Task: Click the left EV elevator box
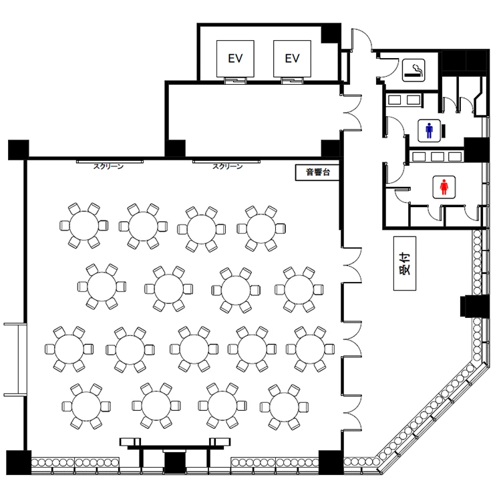(235, 59)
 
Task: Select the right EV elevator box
(292, 59)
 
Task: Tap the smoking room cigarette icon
(413, 70)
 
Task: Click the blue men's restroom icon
(429, 131)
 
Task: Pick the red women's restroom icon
(444, 187)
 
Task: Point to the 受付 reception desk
(405, 263)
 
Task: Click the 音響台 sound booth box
(317, 172)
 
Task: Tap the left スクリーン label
(108, 166)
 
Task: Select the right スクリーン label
(228, 166)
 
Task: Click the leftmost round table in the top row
(84, 226)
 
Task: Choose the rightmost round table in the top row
(261, 228)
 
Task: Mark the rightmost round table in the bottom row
(284, 407)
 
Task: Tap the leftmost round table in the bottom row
(86, 406)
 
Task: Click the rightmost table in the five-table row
(310, 349)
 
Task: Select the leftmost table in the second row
(102, 287)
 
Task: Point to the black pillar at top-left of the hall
(19, 150)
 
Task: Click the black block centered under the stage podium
(175, 462)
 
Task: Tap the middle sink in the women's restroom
(437, 156)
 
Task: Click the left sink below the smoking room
(394, 100)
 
